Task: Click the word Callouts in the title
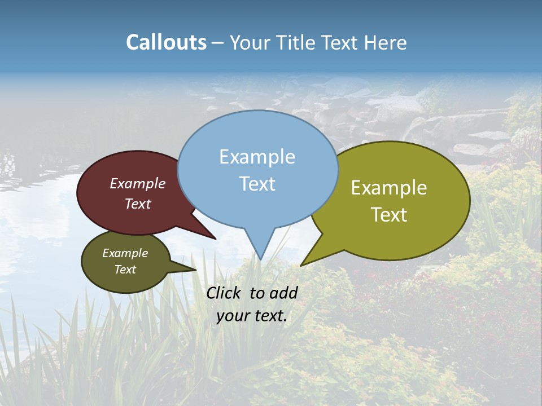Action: [x=166, y=42]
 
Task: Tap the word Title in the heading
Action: [x=297, y=42]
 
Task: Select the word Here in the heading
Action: [x=384, y=42]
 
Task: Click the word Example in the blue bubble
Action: [x=257, y=157]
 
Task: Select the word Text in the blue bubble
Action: [x=257, y=184]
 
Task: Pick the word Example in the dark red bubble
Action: [x=137, y=183]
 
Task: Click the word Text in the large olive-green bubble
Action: [x=390, y=215]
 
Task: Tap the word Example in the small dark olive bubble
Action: [x=125, y=253]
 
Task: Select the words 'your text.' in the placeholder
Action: [x=251, y=316]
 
